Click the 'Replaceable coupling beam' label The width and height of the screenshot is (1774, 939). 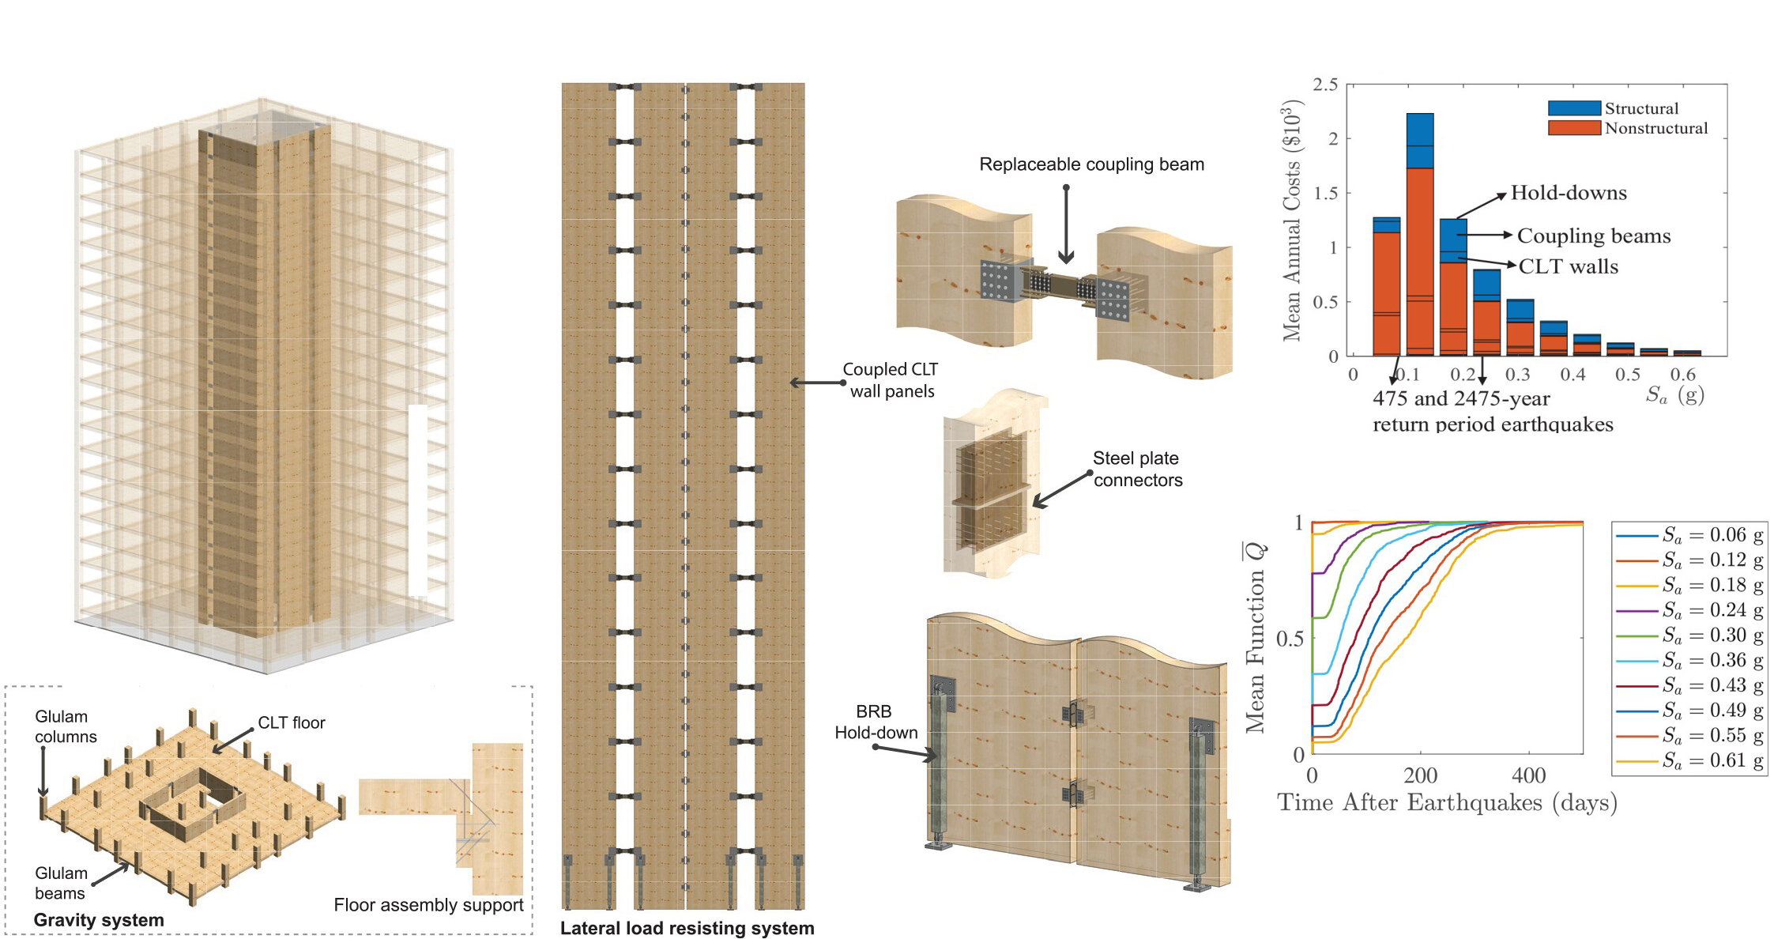1091,164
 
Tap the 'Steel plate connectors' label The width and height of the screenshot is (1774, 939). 1137,469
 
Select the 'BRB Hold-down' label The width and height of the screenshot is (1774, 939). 876,722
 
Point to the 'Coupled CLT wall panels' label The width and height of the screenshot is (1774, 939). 891,380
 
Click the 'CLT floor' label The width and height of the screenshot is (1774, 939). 291,722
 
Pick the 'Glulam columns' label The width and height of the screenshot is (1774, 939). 66,726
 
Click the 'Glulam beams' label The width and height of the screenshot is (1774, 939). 60,883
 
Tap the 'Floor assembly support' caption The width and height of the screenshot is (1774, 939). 428,905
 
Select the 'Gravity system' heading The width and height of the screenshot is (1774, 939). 99,920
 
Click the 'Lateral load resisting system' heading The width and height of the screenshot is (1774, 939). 687,928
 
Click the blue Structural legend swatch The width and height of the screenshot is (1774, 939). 1573,108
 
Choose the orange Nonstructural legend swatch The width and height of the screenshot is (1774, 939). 1573,128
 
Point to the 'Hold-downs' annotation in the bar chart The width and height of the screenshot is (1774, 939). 1568,193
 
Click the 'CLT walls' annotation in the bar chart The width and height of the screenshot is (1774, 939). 1568,266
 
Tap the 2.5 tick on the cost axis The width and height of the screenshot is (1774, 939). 1325,85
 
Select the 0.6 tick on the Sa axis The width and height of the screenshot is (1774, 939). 1682,374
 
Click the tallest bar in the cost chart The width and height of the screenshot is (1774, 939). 1419,237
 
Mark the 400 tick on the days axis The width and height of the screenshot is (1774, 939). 1528,775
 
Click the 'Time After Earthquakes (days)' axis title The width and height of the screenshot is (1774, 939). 1447,803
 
